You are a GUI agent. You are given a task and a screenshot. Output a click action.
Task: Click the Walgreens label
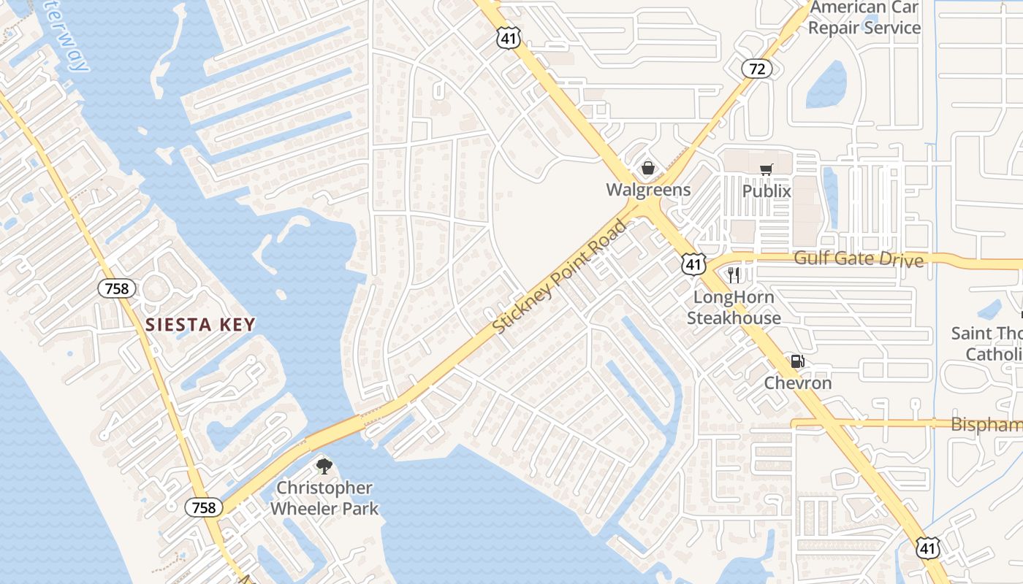tap(648, 190)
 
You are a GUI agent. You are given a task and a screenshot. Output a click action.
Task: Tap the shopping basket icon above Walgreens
tap(647, 169)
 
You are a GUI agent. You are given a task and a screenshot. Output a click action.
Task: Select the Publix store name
tap(767, 191)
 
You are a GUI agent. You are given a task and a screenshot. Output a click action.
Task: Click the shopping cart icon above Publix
tap(766, 170)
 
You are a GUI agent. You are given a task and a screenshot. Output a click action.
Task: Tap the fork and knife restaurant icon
tap(734, 275)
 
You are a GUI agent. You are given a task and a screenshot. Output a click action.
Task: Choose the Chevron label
tap(798, 383)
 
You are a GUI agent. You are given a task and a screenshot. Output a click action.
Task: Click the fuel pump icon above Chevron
tap(797, 361)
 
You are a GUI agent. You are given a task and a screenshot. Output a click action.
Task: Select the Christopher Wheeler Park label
tap(324, 498)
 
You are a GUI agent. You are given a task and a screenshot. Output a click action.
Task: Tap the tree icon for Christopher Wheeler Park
tap(324, 466)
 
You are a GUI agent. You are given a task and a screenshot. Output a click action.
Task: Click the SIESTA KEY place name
tap(200, 325)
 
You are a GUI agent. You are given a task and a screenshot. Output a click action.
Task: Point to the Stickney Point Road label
tap(560, 277)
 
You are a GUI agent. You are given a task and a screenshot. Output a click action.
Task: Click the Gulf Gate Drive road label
tap(859, 258)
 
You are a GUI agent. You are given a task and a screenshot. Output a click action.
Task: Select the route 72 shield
tap(757, 69)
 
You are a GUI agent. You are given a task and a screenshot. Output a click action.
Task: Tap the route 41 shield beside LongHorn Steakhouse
tap(693, 264)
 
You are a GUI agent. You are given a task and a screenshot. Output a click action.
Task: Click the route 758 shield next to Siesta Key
tap(116, 288)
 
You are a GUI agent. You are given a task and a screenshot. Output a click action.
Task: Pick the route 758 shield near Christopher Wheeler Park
tap(203, 507)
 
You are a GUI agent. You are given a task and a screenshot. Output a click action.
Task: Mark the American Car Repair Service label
tap(865, 18)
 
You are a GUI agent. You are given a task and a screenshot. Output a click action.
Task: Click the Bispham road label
tap(986, 425)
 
